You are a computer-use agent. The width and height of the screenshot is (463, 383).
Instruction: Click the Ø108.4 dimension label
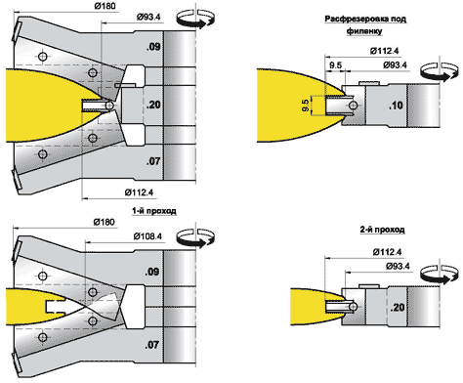(147, 236)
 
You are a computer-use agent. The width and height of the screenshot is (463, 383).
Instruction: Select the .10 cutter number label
(396, 106)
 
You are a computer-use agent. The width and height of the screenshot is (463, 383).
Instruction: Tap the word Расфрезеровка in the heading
(352, 19)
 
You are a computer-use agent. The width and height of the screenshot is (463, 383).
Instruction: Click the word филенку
(364, 31)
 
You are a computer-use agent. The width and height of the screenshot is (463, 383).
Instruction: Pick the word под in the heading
(399, 19)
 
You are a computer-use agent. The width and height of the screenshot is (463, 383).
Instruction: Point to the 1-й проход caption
(154, 211)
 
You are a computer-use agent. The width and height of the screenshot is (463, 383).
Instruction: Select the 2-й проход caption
(382, 230)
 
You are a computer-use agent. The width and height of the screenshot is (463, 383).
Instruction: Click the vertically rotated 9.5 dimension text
(306, 106)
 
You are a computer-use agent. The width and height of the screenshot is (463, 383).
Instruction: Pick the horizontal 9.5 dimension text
(335, 65)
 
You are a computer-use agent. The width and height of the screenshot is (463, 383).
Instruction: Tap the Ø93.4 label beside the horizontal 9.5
(395, 64)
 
